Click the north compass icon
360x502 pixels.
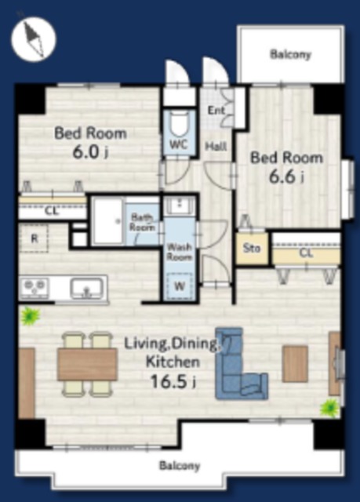[x=34, y=38]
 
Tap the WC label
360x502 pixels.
[x=178, y=144]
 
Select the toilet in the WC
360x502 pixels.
[x=179, y=124]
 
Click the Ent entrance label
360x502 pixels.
[x=216, y=111]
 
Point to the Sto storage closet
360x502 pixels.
[x=252, y=248]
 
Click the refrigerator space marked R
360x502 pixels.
[x=34, y=238]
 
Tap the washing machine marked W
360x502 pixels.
[x=180, y=286]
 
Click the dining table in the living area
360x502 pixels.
[x=87, y=364]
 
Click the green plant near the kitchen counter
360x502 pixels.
[x=31, y=315]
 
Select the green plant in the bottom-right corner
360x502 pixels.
[x=329, y=408]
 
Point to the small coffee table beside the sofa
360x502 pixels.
[x=296, y=364]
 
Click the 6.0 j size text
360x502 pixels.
[x=90, y=152]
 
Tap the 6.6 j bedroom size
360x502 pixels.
[x=286, y=177]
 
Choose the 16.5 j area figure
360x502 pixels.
[x=173, y=381]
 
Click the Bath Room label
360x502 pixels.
[x=142, y=222]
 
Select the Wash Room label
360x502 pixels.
[x=180, y=252]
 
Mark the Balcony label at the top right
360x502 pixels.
[x=290, y=54]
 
